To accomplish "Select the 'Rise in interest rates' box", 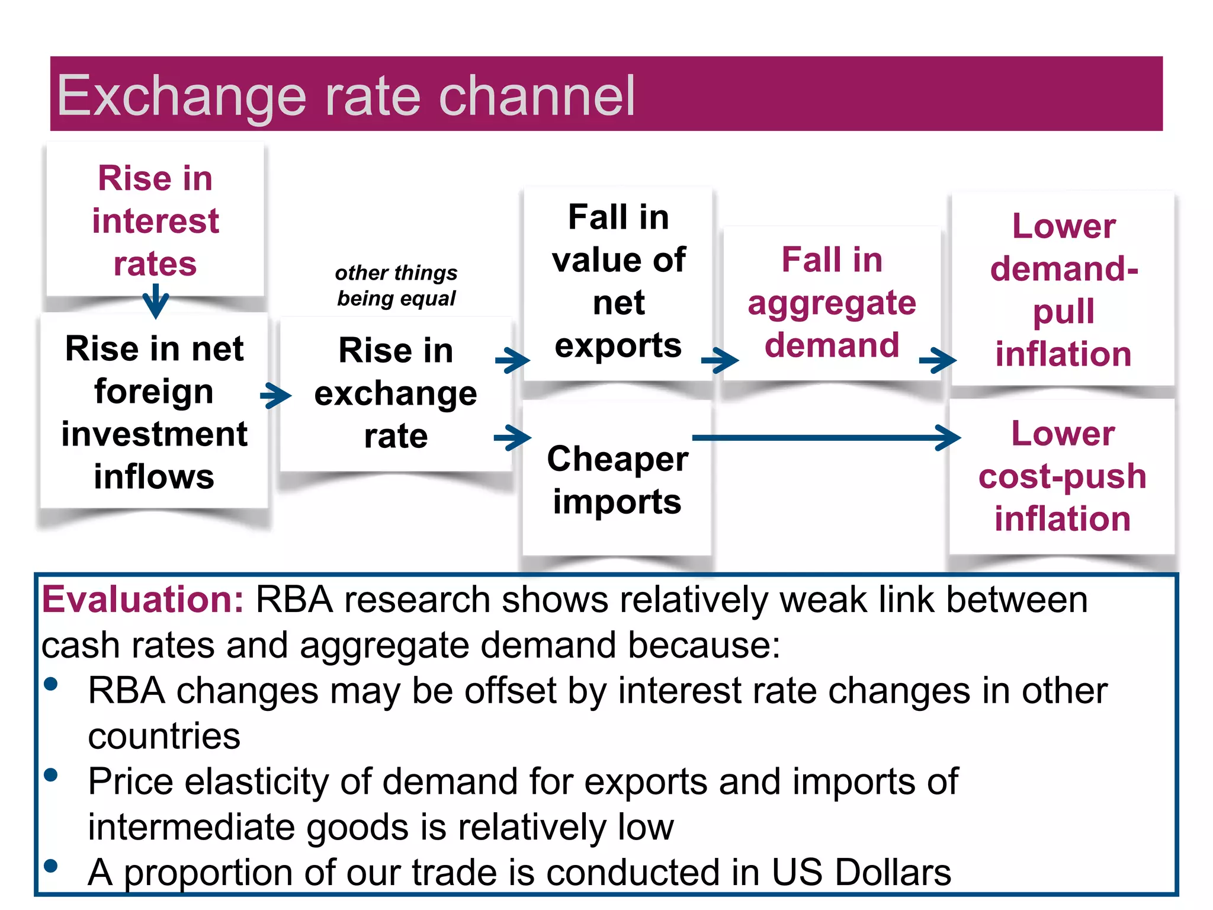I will click(155, 220).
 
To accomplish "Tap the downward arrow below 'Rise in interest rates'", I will click(156, 301).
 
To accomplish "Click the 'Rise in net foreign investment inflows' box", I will click(154, 412).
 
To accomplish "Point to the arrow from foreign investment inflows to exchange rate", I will click(276, 395).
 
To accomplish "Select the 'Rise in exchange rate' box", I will click(395, 393).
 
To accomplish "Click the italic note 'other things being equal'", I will click(396, 286).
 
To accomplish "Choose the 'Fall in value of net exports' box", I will click(618, 281).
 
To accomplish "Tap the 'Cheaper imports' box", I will click(617, 480).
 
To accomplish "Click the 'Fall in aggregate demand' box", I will click(832, 302).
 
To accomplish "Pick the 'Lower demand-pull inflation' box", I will click(1063, 290).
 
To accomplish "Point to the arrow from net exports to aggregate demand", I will click(720, 360).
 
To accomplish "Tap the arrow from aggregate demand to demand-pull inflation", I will click(938, 360).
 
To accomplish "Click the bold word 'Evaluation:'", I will click(143, 600).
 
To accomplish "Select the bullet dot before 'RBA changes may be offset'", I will click(51, 685).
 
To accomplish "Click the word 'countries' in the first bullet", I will click(164, 736).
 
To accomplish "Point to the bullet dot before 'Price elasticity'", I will click(51, 775).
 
